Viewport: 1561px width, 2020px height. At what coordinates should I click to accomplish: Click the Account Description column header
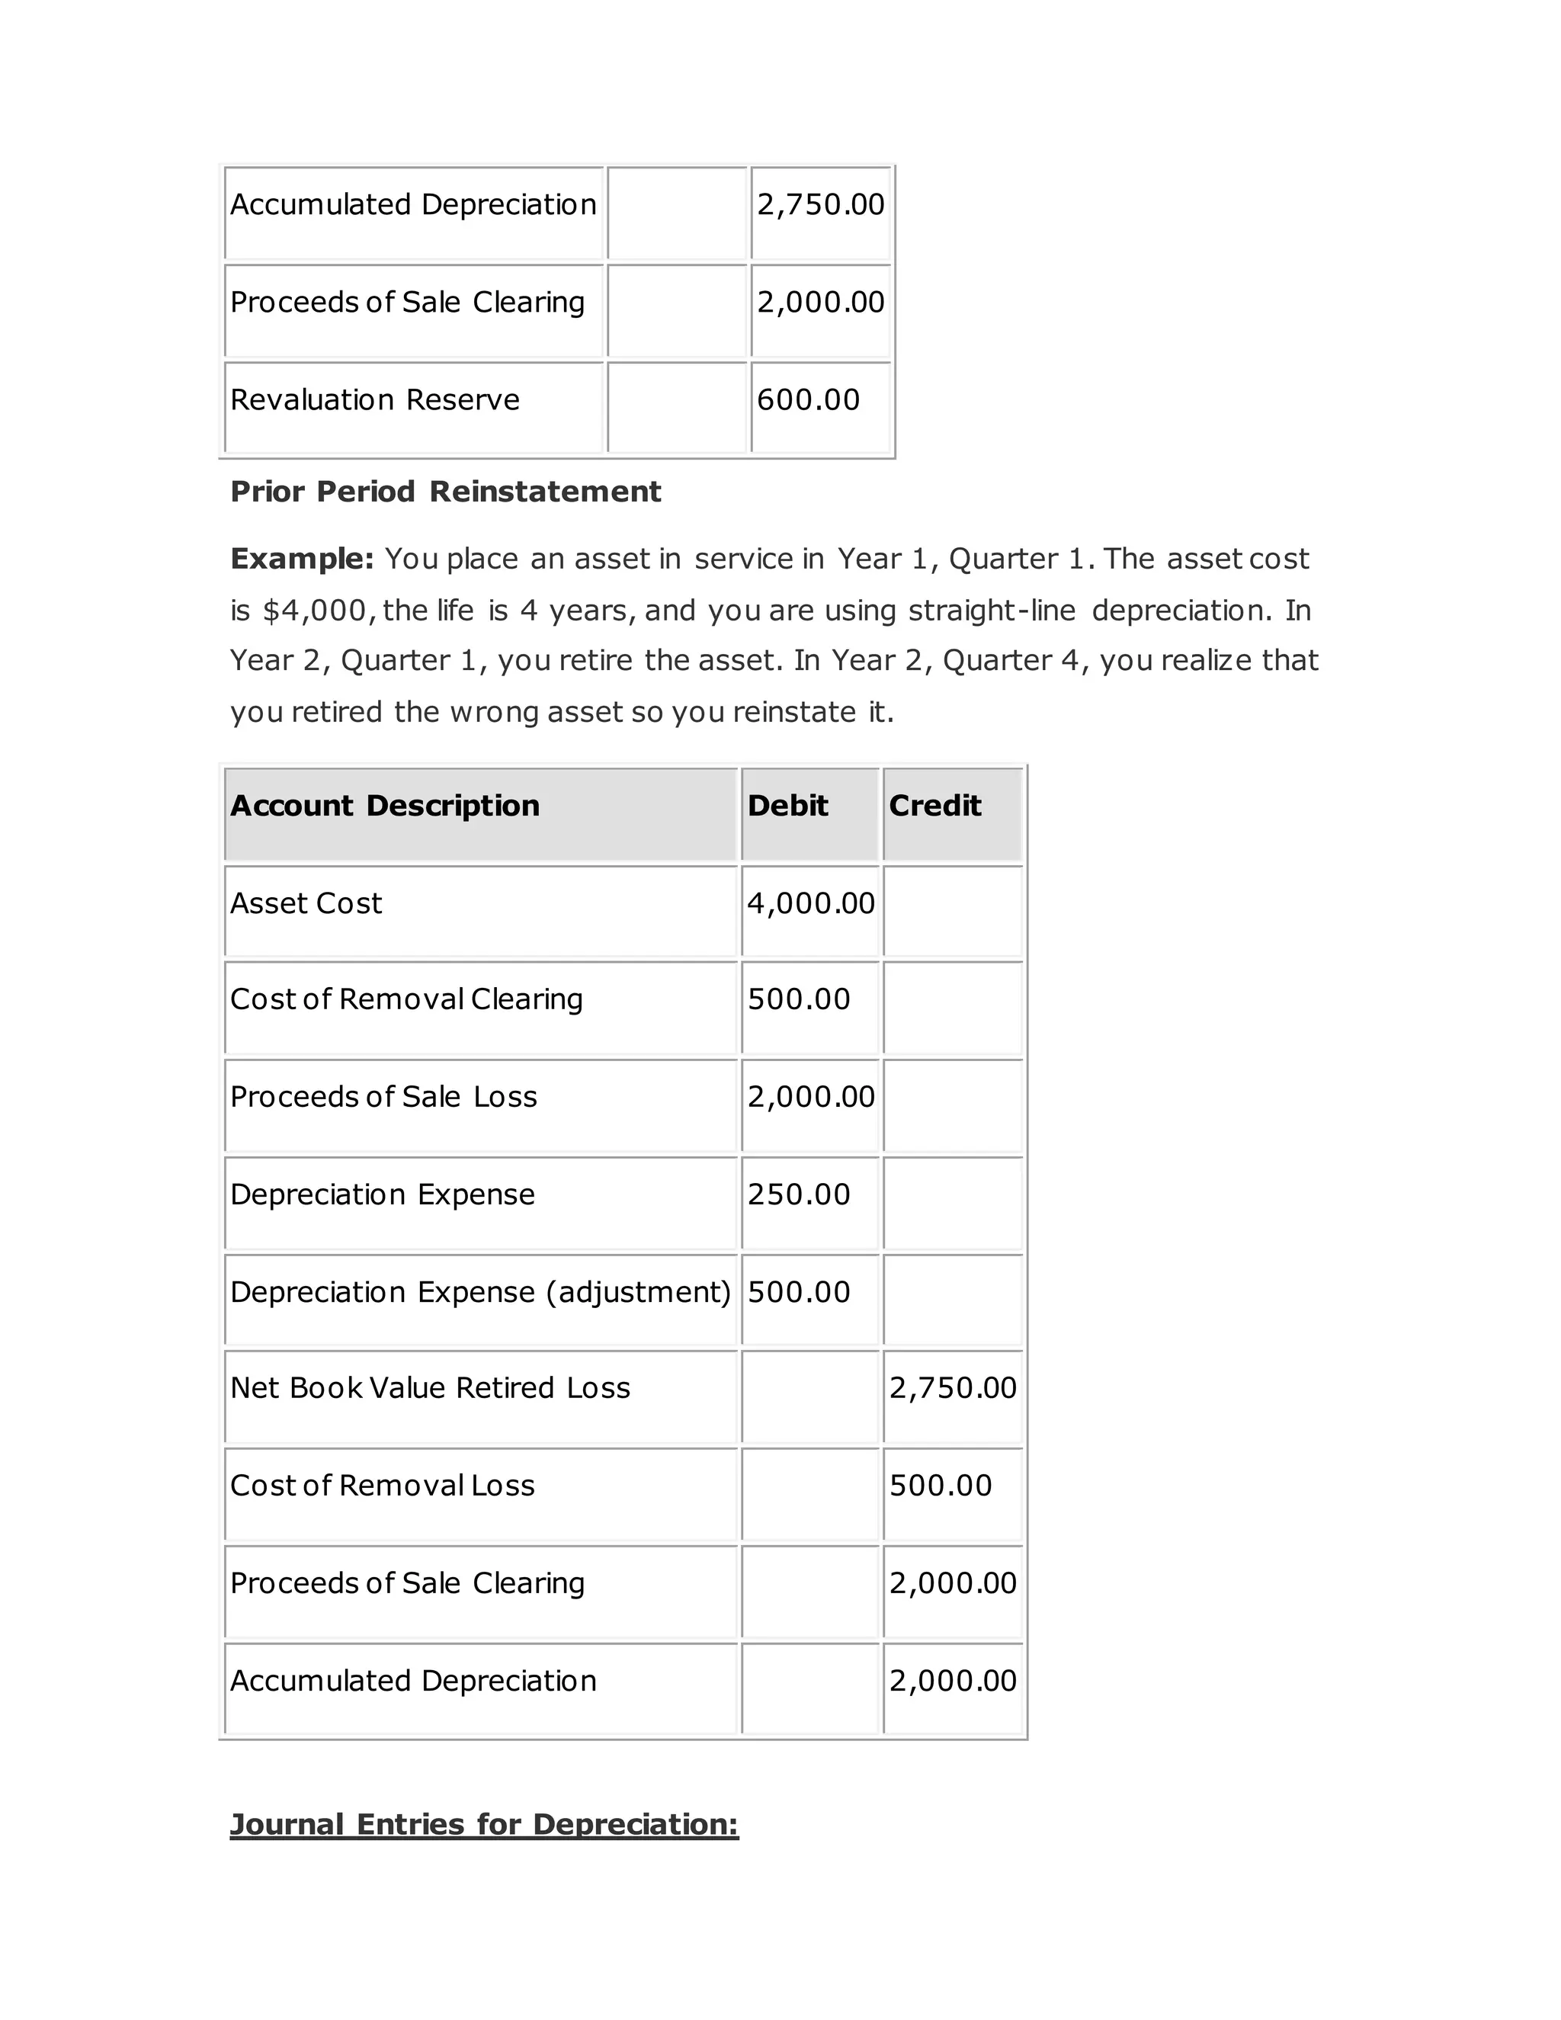click(385, 806)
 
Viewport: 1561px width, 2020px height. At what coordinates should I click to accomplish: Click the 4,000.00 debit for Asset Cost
click(810, 903)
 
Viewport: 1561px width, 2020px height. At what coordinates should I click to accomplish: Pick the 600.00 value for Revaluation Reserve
click(807, 399)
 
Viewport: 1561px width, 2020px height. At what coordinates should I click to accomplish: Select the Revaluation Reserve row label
click(374, 399)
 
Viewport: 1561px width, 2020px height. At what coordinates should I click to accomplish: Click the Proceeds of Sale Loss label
click(383, 1097)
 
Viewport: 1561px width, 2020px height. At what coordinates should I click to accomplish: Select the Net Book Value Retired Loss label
click(430, 1387)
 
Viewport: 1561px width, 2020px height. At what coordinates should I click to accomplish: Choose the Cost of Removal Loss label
click(382, 1486)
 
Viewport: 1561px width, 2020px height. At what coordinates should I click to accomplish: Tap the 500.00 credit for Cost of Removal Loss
click(940, 1486)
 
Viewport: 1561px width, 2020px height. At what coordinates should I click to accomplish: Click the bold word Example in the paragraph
click(300, 559)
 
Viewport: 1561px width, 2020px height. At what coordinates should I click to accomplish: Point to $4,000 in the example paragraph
click(316, 611)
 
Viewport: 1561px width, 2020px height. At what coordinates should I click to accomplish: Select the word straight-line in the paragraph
click(992, 611)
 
